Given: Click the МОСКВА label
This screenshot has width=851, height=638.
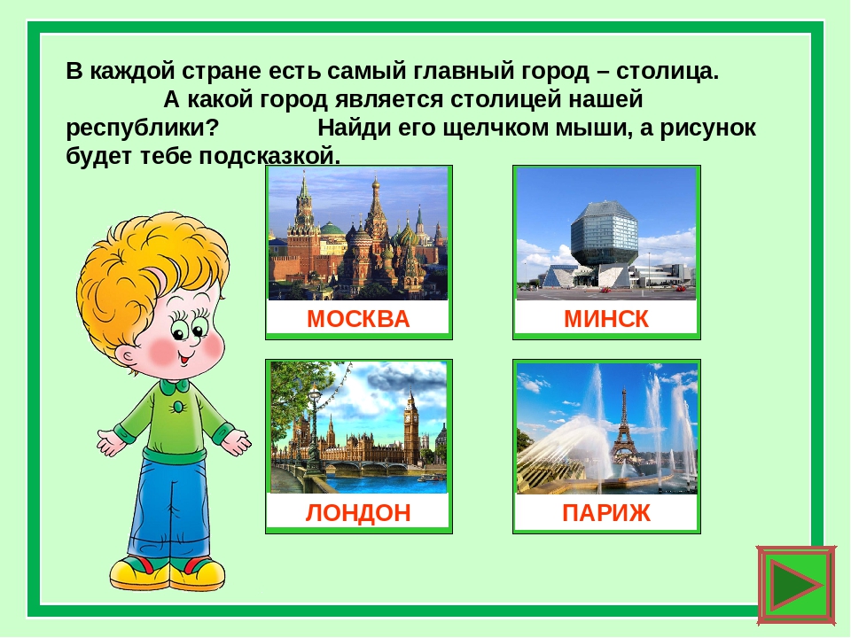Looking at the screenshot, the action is click(x=358, y=319).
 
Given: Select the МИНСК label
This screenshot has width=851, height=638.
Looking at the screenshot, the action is click(x=606, y=319).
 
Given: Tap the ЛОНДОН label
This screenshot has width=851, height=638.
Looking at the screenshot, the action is click(x=358, y=513).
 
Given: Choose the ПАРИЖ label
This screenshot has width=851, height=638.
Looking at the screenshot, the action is click(x=606, y=513).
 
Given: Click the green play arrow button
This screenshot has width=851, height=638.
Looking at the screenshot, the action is click(x=797, y=586).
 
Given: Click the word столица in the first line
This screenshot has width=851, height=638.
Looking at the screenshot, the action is click(x=667, y=71).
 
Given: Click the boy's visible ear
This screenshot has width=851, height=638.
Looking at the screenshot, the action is click(x=128, y=358).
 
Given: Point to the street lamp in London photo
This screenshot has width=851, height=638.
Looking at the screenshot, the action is click(x=314, y=429).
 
